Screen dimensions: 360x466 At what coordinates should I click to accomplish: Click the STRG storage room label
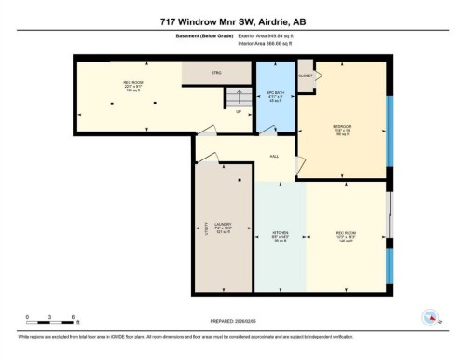pyautogui.click(x=216, y=71)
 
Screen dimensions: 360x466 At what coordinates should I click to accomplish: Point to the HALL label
pyautogui.click(x=274, y=156)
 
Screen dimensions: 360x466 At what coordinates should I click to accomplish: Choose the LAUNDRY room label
pyautogui.click(x=222, y=224)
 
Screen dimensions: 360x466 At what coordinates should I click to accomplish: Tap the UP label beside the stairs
pyautogui.click(x=239, y=112)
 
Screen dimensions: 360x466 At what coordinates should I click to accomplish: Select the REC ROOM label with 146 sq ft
pyautogui.click(x=346, y=232)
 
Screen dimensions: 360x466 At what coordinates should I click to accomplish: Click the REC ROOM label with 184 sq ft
pyautogui.click(x=132, y=86)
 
